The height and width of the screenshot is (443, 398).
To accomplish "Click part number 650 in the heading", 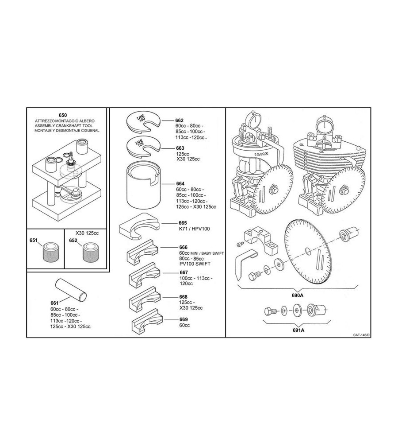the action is point(63,115).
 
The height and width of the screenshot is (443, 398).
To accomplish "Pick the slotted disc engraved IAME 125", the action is point(143,145).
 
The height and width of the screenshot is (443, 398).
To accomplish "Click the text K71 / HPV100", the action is point(194,229).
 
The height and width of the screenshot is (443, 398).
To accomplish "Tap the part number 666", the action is point(183,247).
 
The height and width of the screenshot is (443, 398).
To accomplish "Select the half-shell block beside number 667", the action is point(144,276).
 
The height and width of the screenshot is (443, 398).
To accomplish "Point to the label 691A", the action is point(298,330).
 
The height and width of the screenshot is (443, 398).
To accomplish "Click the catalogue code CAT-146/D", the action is point(361,335).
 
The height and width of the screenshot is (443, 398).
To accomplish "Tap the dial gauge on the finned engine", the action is point(325,125).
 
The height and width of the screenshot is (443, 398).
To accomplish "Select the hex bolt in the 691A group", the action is point(270,311).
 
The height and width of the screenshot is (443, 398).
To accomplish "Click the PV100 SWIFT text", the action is point(195,264).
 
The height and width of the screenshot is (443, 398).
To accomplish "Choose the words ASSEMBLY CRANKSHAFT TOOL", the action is point(64,126).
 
